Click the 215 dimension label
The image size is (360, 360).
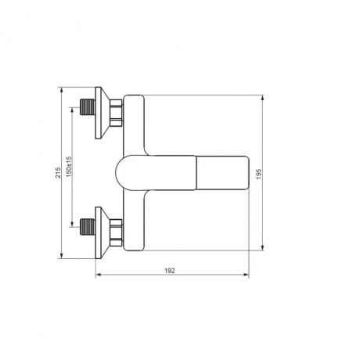[x=58, y=172]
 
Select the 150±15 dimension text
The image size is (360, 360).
[x=69, y=167]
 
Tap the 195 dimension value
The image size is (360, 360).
[x=258, y=174]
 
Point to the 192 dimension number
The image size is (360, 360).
[x=170, y=271]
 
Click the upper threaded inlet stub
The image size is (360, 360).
[x=88, y=107]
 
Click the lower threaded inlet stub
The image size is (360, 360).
[x=88, y=227]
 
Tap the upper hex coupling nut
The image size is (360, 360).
[x=116, y=113]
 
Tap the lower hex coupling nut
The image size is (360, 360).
[x=116, y=232]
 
